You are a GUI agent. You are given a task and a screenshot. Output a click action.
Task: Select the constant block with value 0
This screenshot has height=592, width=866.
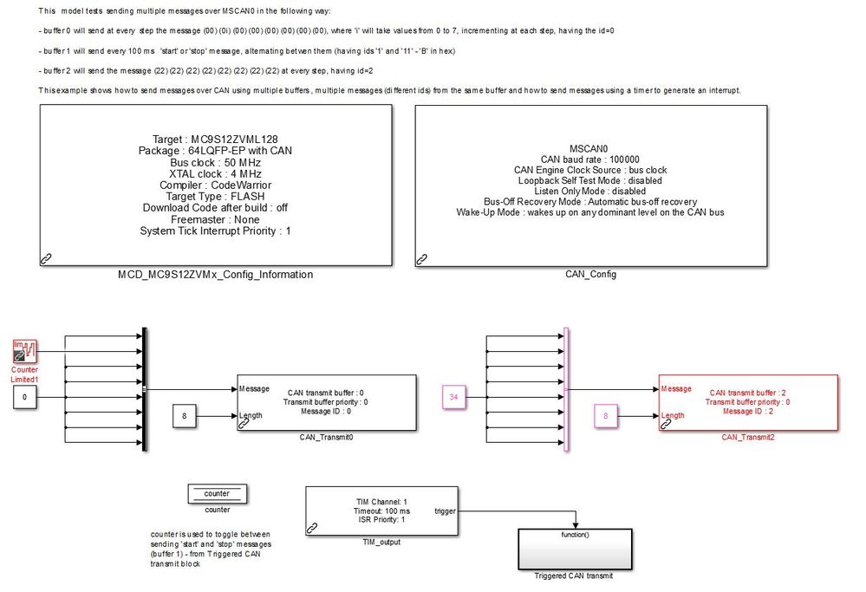click(x=25, y=398)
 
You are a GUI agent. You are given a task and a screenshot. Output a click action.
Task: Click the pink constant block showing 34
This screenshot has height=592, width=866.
click(x=454, y=397)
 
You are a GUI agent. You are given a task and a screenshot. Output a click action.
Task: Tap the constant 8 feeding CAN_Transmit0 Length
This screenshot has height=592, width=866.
click(x=185, y=417)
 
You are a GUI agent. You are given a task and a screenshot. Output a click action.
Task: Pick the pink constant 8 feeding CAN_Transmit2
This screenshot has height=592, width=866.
click(x=606, y=417)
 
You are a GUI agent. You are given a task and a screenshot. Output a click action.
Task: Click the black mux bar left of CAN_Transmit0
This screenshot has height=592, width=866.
click(x=145, y=389)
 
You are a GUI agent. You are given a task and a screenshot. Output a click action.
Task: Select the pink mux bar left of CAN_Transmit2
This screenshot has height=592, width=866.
click(x=566, y=389)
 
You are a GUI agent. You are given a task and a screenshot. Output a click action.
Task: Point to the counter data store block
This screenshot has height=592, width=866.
click(x=217, y=494)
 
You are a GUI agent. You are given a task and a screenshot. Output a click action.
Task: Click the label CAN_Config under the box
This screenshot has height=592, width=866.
click(x=592, y=275)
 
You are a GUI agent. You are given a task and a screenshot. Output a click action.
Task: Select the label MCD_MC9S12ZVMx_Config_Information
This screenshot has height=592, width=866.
click(x=215, y=275)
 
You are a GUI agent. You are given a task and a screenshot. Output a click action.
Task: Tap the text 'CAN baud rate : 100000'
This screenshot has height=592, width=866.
click(x=590, y=159)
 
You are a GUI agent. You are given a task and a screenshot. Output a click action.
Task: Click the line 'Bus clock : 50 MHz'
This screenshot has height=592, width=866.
click(x=215, y=162)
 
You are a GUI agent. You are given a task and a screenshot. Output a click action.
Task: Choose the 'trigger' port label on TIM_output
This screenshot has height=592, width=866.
click(x=446, y=511)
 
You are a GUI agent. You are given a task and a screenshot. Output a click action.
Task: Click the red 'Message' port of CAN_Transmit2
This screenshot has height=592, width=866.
click(x=675, y=388)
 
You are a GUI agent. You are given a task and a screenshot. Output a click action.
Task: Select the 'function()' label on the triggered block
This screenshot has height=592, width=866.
click(x=576, y=535)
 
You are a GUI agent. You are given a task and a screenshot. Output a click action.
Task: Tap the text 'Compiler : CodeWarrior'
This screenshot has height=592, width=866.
click(x=215, y=185)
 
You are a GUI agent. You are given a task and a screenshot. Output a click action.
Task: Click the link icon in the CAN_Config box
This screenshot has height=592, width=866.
click(x=422, y=258)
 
